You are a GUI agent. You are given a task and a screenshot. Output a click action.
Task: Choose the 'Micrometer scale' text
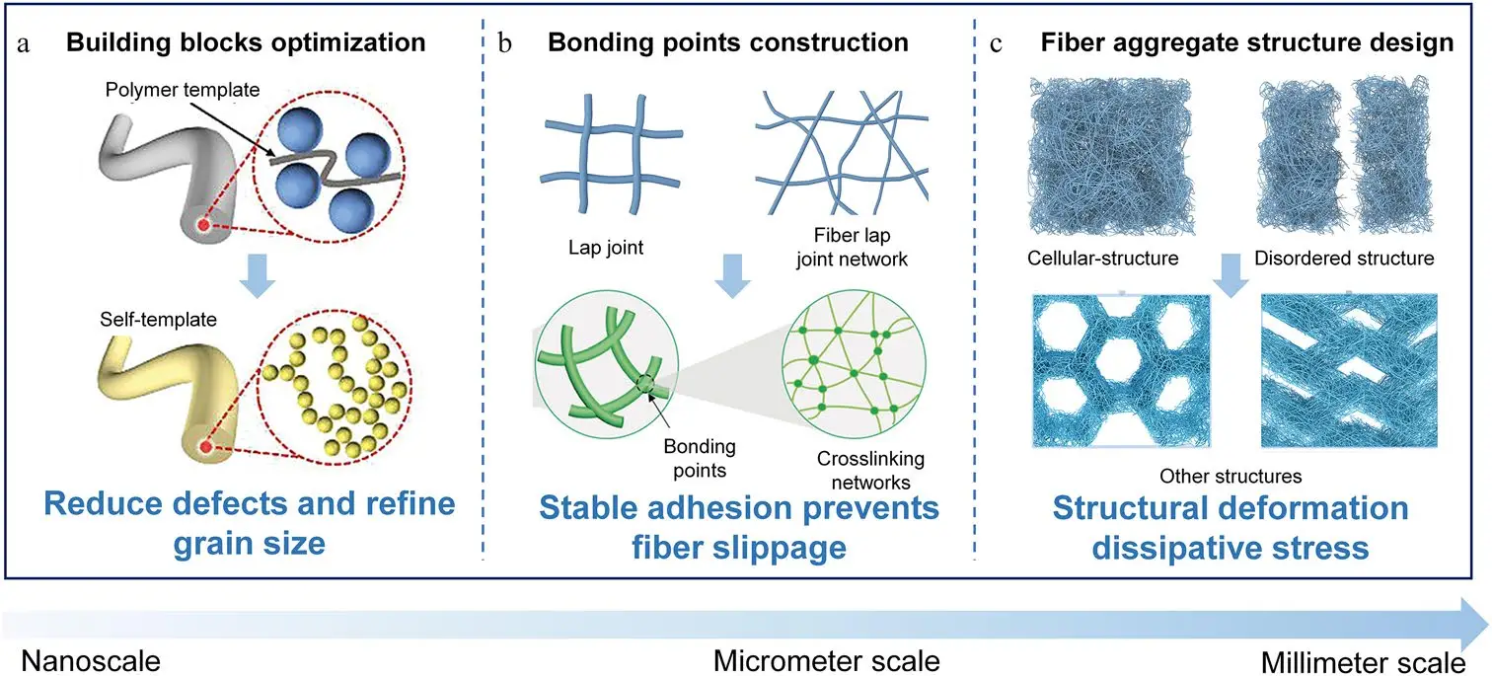coord(826,658)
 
